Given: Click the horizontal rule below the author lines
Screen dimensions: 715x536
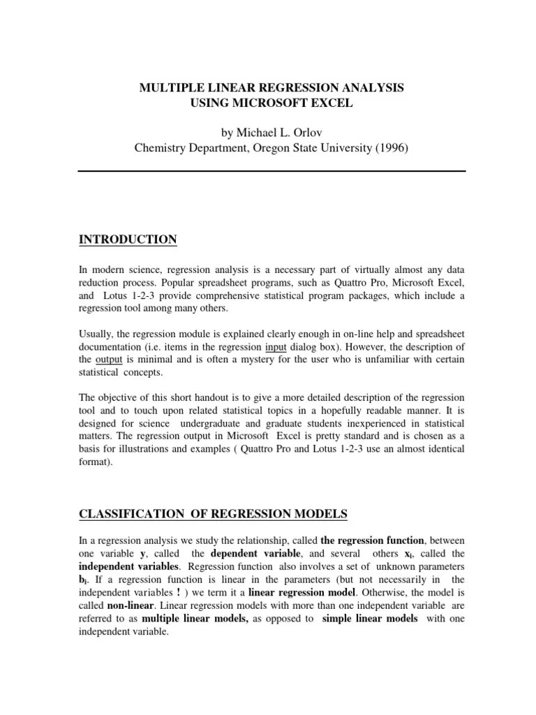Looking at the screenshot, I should coord(271,171).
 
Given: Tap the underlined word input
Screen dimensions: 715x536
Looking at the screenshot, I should coord(276,347).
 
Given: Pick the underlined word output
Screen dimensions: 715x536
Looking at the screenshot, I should coord(109,359).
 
